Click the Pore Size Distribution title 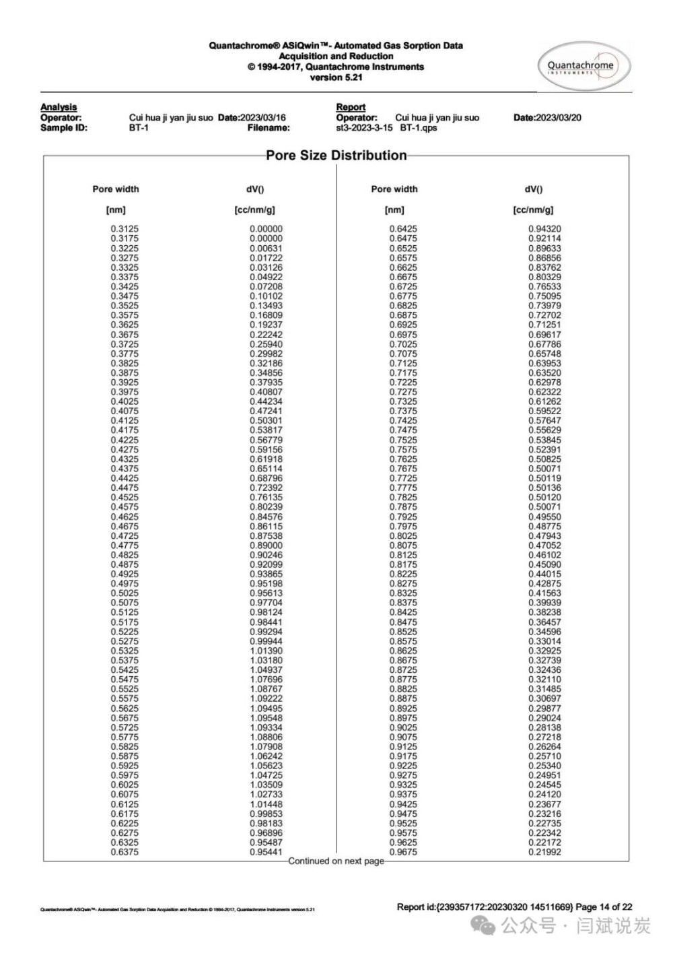click(x=336, y=156)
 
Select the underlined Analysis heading click(x=59, y=107)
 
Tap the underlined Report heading click(x=351, y=107)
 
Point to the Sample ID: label click(x=64, y=127)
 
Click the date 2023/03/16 click(x=262, y=117)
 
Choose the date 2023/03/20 click(x=557, y=117)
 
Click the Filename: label click(x=268, y=127)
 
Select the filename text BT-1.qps click(x=418, y=127)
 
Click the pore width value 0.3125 click(x=125, y=229)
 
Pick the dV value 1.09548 click(x=266, y=718)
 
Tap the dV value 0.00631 click(x=266, y=248)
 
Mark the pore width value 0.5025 click(x=125, y=593)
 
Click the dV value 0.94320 click(x=544, y=229)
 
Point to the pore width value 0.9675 click(x=402, y=852)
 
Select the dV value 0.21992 click(x=544, y=852)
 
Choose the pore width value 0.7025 click(x=402, y=344)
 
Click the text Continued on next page click(x=336, y=861)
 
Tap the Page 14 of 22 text click(x=604, y=907)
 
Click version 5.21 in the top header click(x=336, y=77)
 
